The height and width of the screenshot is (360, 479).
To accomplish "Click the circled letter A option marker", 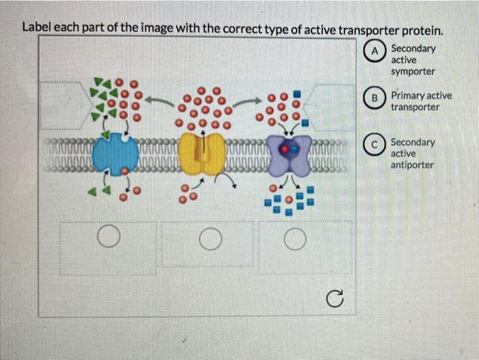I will point(376,50).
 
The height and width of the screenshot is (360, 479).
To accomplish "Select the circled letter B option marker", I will point(376,97).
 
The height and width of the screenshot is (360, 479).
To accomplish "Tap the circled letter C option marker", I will point(376,144).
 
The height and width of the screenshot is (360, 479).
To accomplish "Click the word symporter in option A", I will point(413,71).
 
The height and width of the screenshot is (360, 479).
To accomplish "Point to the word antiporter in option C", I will point(412,165).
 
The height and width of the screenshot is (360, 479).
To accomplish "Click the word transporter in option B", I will point(414,108).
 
